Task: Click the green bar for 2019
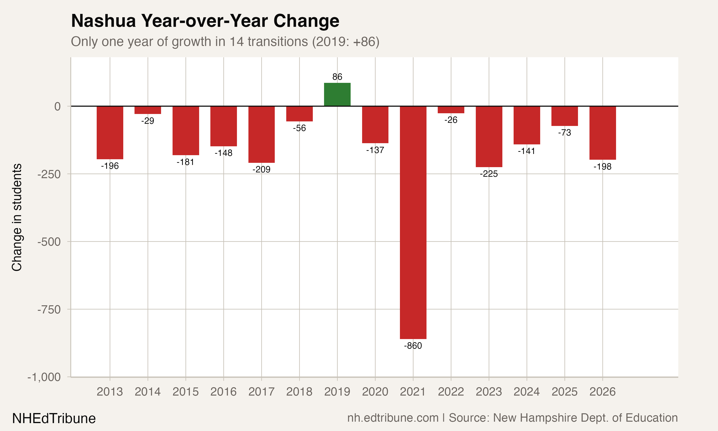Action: coord(337,94)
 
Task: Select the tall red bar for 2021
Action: coord(413,222)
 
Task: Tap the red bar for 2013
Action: coord(110,132)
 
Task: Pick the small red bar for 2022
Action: coord(451,110)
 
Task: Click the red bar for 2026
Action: coord(602,133)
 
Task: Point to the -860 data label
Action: coord(413,346)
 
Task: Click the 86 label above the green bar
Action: coord(337,77)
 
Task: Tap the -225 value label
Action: coord(489,174)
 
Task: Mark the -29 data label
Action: coord(148,121)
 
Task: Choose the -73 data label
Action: coord(565,133)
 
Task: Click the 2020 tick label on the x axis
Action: coord(375,392)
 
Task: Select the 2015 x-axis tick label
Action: coord(185,392)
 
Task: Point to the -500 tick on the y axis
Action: coord(49,242)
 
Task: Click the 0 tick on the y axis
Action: coord(57,106)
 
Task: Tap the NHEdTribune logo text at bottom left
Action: coord(54,419)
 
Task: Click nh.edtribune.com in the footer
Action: coord(393,418)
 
